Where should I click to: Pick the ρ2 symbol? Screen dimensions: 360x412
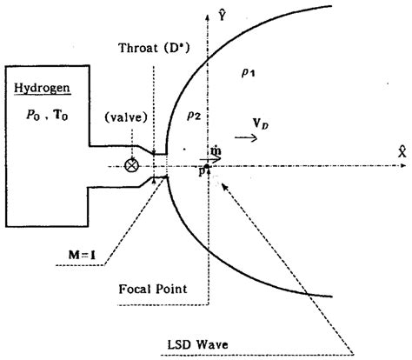(194, 114)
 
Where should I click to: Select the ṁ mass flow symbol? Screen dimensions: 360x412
(216, 150)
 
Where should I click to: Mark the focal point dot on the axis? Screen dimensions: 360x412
(208, 165)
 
